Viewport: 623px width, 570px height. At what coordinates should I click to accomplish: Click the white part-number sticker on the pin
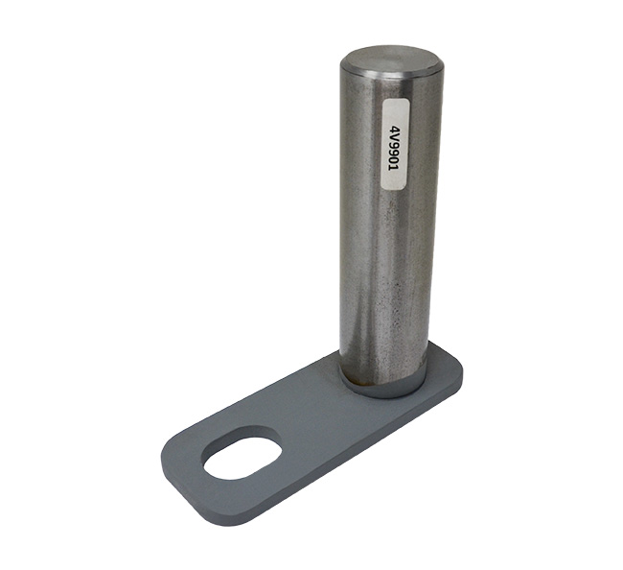pos(395,144)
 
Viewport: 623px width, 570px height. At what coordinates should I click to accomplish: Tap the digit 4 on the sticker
pos(395,131)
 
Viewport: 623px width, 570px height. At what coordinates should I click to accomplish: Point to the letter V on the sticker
pos(395,138)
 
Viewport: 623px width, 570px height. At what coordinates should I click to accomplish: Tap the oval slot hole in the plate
pos(242,453)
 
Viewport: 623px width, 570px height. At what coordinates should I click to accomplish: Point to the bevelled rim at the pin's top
pos(391,75)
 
